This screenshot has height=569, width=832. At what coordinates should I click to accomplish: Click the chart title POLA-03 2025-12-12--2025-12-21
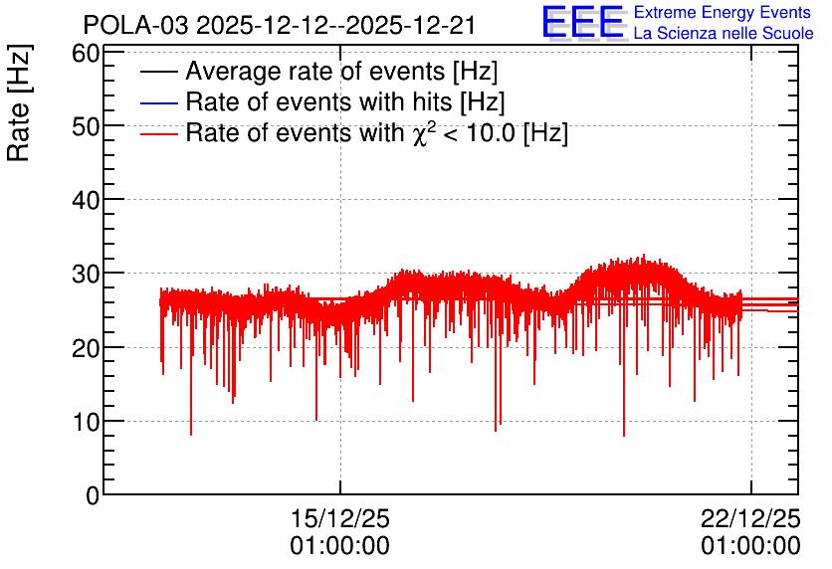279,25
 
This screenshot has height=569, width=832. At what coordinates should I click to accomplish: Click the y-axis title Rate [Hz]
19,102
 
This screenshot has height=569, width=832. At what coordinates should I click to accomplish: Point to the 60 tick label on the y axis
86,53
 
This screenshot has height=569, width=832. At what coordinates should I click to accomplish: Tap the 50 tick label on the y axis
86,126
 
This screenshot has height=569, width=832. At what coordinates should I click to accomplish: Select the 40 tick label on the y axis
86,201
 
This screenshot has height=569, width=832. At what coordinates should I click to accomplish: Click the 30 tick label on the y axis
86,275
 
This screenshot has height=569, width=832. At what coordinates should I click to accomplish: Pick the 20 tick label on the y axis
86,348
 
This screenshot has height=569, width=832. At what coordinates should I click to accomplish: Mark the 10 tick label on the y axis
86,422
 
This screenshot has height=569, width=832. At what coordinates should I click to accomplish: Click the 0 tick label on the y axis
93,495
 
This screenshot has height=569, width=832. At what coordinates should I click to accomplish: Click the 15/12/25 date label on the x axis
340,518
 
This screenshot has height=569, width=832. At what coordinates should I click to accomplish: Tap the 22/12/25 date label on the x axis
750,518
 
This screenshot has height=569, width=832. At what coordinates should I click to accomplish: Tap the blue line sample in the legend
158,102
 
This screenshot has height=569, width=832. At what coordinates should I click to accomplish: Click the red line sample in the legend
158,133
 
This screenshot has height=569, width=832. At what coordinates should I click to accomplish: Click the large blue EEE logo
583,22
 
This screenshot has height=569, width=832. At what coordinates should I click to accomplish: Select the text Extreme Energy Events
723,12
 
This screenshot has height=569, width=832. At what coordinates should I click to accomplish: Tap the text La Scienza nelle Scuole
724,33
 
